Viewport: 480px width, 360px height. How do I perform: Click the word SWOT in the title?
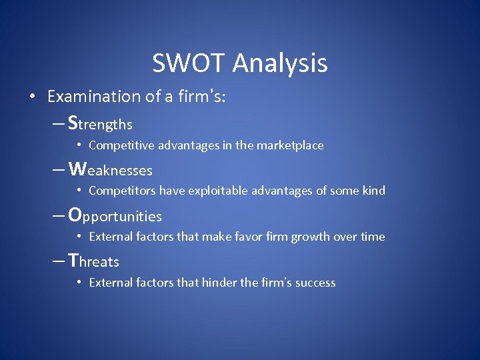click(x=189, y=63)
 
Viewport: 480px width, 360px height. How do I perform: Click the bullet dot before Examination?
click(x=33, y=97)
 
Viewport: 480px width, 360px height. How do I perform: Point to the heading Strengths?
click(x=101, y=124)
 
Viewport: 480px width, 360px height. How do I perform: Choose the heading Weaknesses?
click(x=110, y=170)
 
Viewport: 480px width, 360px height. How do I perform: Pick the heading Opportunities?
click(x=115, y=216)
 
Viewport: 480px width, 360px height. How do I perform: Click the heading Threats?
click(x=94, y=261)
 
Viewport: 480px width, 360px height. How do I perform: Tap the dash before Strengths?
click(x=58, y=124)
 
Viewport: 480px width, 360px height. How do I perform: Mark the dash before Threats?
click(x=58, y=261)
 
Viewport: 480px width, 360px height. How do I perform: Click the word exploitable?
click(x=217, y=191)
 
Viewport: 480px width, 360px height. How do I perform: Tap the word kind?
click(x=373, y=191)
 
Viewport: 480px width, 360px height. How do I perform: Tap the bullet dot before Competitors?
click(x=79, y=191)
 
